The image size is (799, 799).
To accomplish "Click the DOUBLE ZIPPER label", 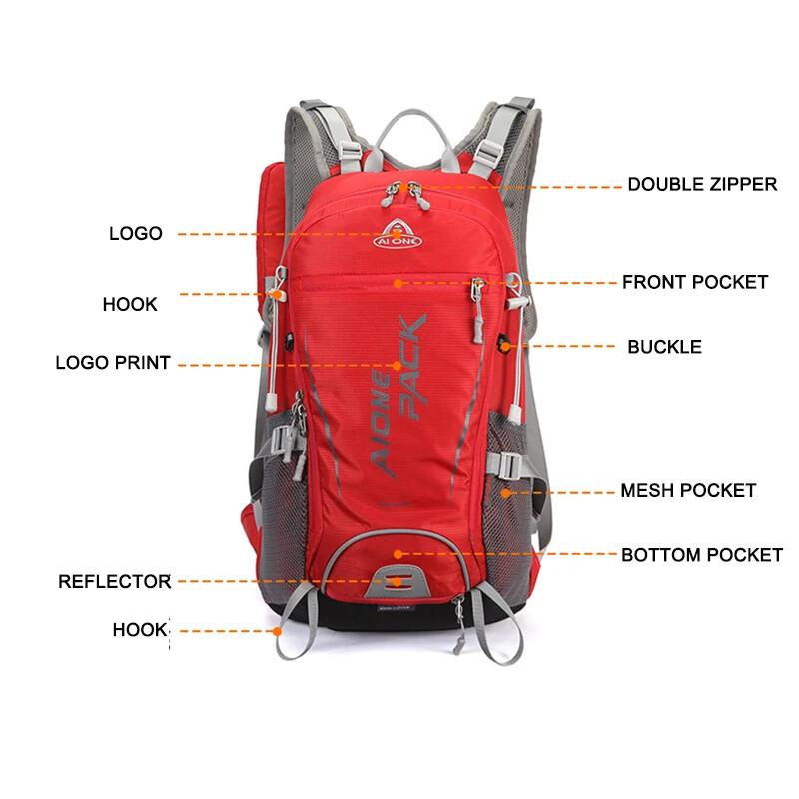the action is [701, 185].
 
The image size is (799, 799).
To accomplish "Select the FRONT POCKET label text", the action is [695, 282].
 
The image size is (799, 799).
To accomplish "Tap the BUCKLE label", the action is [664, 347].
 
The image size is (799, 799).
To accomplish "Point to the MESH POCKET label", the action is [688, 490].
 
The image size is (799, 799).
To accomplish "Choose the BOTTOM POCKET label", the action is [702, 554].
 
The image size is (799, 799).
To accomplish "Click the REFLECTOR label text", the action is [114, 581].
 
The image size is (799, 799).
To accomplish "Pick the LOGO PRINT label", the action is [113, 363].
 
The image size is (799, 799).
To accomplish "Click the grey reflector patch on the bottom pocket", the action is [399, 580].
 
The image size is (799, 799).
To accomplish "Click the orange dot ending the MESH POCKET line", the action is [505, 491].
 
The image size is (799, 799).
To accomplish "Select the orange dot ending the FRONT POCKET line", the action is [398, 283].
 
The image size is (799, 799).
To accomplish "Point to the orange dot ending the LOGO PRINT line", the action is [398, 365].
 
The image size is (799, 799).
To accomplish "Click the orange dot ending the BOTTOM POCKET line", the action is [398, 554].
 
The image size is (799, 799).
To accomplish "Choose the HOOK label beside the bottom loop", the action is [140, 630].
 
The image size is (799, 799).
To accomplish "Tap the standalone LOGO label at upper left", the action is [136, 233].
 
